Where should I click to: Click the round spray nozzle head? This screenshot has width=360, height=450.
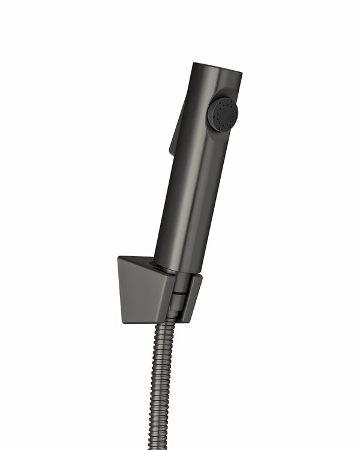pos(223,114)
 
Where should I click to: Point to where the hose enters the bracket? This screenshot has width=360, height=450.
pos(170,318)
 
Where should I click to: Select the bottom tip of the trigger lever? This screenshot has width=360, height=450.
pos(171,151)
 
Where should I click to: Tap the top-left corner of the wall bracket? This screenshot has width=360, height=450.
pos(119,258)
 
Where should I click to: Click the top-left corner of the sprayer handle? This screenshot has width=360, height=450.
pos(195,64)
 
